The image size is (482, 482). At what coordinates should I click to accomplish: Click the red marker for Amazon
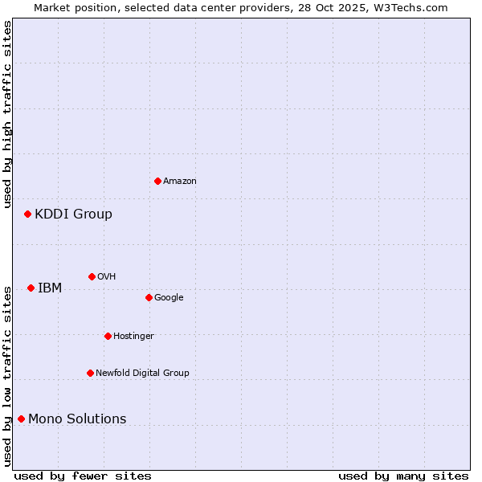[157, 181]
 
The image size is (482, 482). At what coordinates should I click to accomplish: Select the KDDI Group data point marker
[27, 214]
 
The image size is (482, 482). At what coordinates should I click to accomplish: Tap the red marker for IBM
[31, 288]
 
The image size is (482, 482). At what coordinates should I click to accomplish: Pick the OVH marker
[92, 276]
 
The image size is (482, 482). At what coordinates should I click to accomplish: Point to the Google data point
[149, 297]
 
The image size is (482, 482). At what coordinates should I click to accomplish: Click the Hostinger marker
[108, 336]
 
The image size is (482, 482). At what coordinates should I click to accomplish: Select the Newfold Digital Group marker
[90, 373]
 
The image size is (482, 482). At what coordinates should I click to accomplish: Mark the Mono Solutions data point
[21, 419]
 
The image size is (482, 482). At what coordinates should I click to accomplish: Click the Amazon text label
[180, 182]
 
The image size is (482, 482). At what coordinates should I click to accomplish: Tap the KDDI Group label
[73, 214]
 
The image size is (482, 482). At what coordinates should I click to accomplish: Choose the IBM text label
[50, 288]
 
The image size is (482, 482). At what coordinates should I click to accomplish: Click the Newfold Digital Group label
[142, 373]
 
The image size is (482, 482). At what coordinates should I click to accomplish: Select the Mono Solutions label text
[77, 419]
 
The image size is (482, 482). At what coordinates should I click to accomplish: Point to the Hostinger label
[133, 336]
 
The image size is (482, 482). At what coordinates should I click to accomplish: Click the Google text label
[169, 297]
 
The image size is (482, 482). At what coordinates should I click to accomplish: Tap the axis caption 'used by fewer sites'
[83, 476]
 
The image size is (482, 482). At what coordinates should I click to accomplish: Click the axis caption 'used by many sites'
[403, 476]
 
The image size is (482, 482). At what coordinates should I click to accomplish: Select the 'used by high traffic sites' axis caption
[7, 114]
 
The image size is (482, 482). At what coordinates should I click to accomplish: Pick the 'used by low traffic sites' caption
[7, 375]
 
